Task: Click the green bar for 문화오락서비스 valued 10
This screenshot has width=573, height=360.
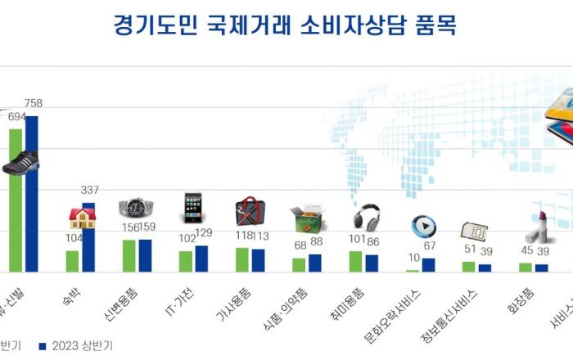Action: pyautogui.click(x=412, y=270)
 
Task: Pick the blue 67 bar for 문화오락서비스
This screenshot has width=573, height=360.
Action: pyautogui.click(x=428, y=264)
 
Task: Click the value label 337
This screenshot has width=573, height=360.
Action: pyautogui.click(x=89, y=191)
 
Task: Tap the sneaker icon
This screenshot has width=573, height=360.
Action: pyautogui.click(x=20, y=163)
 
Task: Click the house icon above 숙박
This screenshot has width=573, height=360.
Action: pyautogui.click(x=82, y=218)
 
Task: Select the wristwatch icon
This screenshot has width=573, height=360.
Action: pyautogui.click(x=136, y=208)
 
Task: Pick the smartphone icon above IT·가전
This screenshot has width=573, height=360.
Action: pyautogui.click(x=192, y=208)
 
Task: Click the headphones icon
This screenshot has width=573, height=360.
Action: pyautogui.click(x=365, y=217)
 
